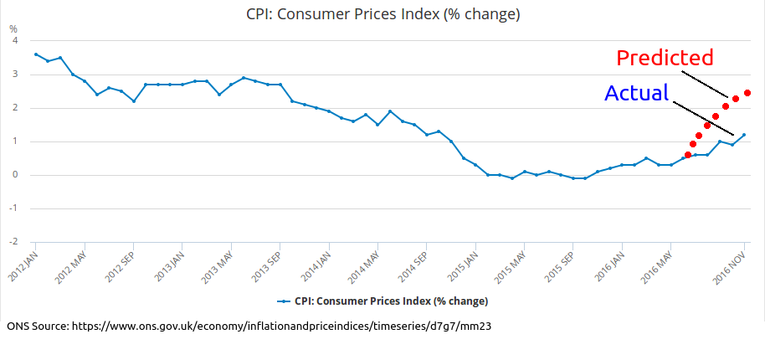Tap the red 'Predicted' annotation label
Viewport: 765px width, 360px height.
click(x=665, y=58)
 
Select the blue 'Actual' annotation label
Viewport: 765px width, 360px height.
click(x=636, y=93)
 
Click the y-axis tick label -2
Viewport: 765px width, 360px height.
click(x=13, y=242)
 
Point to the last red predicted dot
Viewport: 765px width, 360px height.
click(x=747, y=93)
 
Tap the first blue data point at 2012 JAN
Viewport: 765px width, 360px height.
click(x=35, y=54)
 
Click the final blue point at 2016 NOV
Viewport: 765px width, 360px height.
click(x=744, y=135)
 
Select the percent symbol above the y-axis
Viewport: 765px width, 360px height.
click(x=13, y=28)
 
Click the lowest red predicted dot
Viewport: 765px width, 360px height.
click(x=688, y=155)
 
